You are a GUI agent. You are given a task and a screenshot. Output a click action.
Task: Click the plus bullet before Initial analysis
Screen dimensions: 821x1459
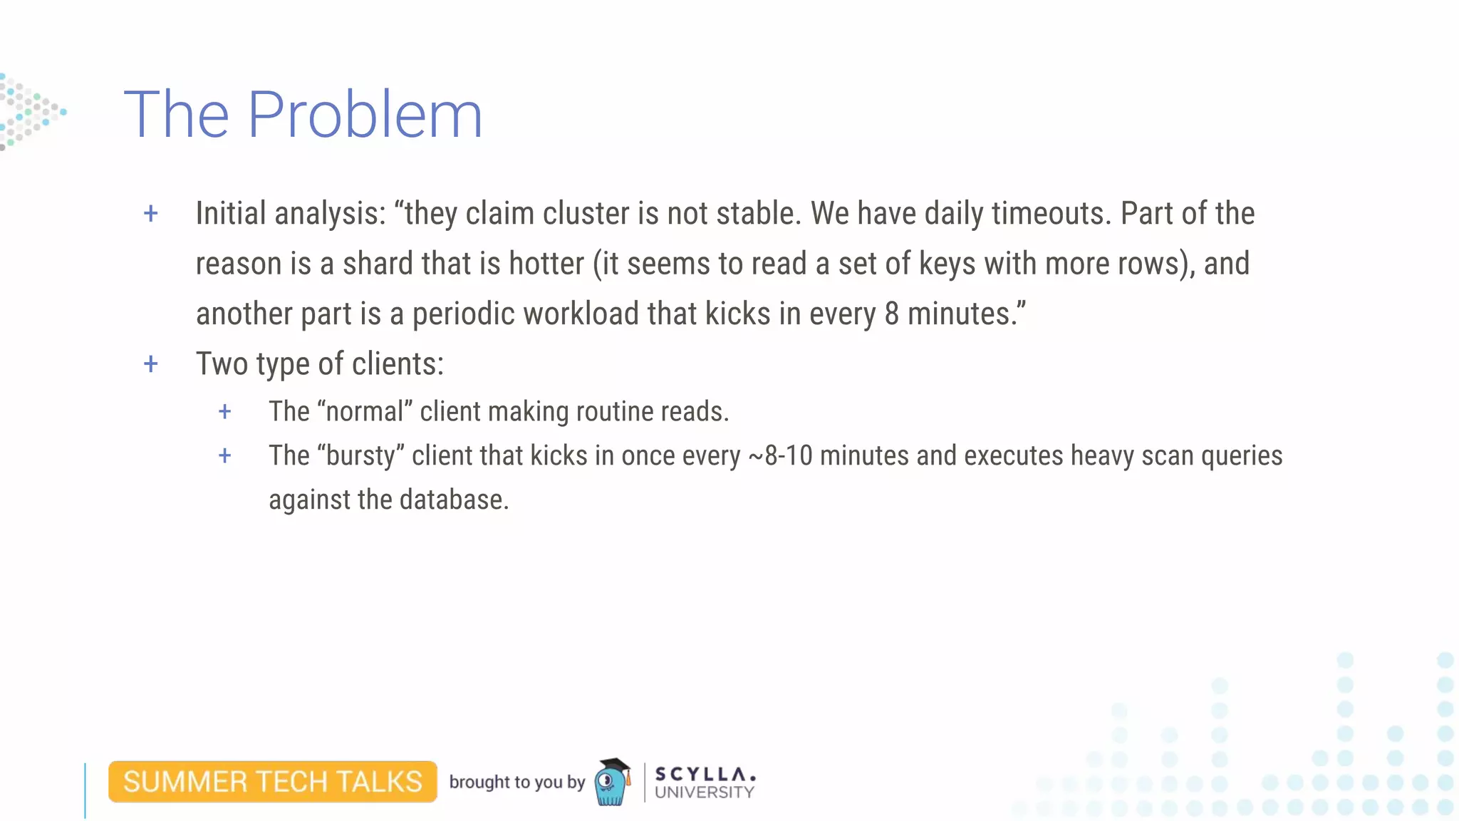click(150, 213)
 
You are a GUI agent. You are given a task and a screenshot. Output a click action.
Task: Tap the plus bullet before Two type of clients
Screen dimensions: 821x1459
click(150, 364)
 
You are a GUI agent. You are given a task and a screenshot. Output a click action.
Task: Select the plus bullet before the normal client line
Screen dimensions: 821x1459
click(224, 411)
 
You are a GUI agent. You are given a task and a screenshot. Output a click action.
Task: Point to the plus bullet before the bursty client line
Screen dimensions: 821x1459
click(224, 455)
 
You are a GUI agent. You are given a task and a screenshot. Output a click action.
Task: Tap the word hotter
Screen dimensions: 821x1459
click(546, 264)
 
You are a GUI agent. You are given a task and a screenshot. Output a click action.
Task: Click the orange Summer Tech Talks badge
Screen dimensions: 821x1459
click(273, 782)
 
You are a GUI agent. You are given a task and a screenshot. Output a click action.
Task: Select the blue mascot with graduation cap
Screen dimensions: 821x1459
click(612, 782)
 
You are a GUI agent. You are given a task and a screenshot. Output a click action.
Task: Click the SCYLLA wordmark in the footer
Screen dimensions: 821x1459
click(704, 773)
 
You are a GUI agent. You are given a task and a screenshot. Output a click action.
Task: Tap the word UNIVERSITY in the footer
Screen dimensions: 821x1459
click(704, 792)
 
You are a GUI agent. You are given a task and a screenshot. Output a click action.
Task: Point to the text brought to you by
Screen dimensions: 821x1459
click(516, 782)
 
